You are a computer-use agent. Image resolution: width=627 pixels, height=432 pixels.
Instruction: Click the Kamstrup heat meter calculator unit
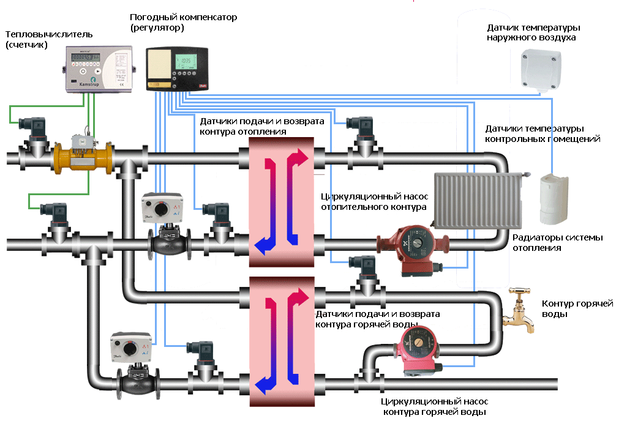pyautogui.click(x=99, y=69)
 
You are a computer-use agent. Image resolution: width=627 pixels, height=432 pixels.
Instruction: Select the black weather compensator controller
pyautogui.click(x=177, y=69)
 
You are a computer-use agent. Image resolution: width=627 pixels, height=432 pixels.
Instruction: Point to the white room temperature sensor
pyautogui.click(x=554, y=199)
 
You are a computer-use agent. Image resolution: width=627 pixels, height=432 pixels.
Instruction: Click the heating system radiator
pyautogui.click(x=479, y=200)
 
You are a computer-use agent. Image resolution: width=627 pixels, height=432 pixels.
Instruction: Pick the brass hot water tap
pyautogui.click(x=519, y=310)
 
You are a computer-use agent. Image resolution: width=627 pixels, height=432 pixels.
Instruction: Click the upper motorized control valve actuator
pyautogui.click(x=162, y=207)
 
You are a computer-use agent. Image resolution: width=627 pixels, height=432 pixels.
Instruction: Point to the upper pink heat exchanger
pyautogui.click(x=282, y=202)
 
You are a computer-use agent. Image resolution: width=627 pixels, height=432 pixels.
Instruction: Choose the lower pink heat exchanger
pyautogui.click(x=282, y=341)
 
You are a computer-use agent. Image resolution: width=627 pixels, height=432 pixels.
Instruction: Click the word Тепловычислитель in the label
pyautogui.click(x=49, y=34)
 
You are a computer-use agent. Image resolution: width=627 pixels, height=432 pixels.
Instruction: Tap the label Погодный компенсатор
pyautogui.click(x=183, y=17)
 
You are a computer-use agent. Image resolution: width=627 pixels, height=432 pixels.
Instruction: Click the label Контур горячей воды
pyautogui.click(x=577, y=308)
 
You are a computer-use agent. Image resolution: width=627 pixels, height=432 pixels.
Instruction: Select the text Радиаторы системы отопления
pyautogui.click(x=557, y=242)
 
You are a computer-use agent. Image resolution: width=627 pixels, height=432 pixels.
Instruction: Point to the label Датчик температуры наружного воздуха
pyautogui.click(x=533, y=32)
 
